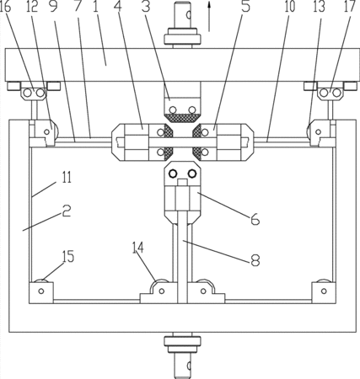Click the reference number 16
pos(5,7)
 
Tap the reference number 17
pos(350,6)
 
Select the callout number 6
pos(255,218)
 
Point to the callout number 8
pos(255,259)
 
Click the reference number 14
pos(138,248)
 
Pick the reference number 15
pos(68,256)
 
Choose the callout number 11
pos(67,178)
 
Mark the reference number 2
pos(67,211)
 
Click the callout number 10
pos(290,7)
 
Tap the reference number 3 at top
pos(146,7)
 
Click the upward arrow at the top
pos(209,15)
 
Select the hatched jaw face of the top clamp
pos(182,118)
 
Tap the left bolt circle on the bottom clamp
pos(172,173)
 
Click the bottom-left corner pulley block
pos(41,292)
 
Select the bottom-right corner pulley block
pos(324,292)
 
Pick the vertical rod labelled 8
pos(183,257)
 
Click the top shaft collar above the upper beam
pos(183,36)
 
